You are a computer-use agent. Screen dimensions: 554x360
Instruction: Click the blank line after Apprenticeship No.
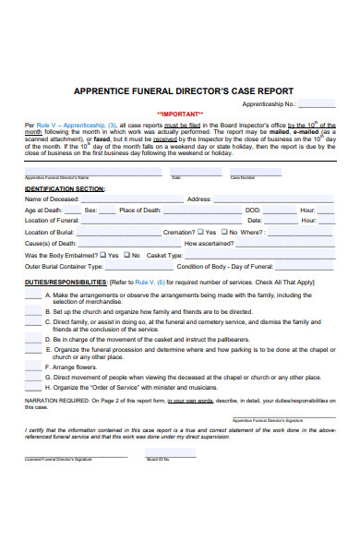tap(316, 104)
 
